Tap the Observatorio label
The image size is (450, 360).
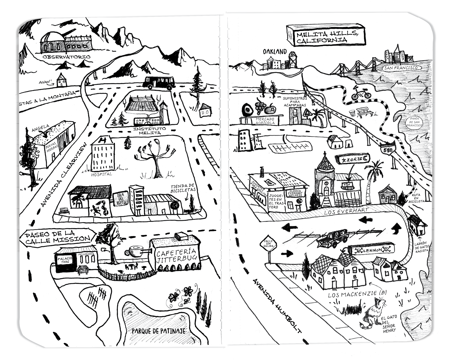click(66, 57)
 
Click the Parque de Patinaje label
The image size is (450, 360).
click(158, 331)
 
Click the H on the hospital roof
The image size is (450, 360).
click(101, 140)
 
